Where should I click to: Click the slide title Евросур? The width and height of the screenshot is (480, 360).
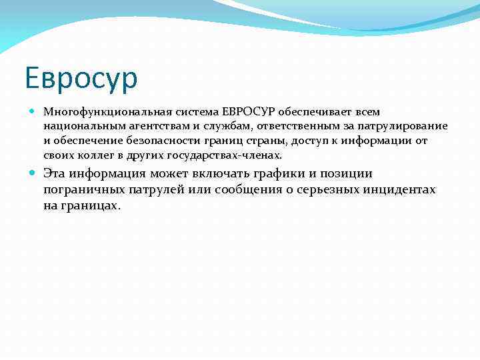81,79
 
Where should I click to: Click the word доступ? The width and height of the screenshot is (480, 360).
304,141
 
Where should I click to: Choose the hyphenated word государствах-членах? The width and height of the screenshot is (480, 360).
229,155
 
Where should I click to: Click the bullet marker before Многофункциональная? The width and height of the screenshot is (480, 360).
34,111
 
